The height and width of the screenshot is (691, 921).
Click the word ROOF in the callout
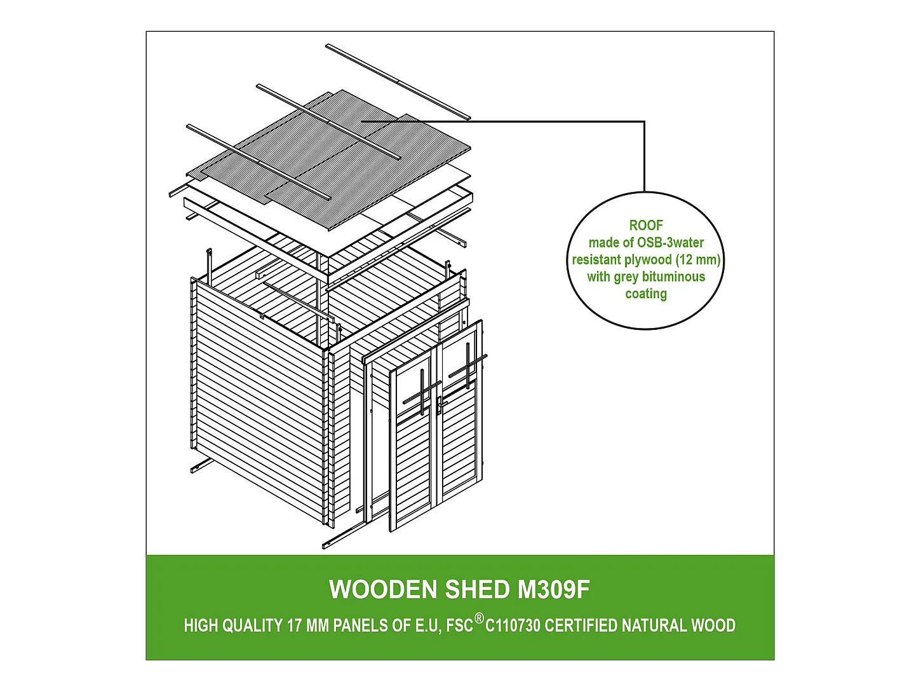point(646,226)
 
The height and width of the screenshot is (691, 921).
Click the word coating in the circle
point(646,294)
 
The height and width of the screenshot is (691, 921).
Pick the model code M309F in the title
point(554,589)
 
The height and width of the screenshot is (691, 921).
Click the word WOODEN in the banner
point(384,589)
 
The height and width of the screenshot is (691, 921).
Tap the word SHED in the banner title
point(478,589)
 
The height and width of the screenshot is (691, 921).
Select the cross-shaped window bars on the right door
point(467,366)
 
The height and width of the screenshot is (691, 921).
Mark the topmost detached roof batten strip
point(398,82)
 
